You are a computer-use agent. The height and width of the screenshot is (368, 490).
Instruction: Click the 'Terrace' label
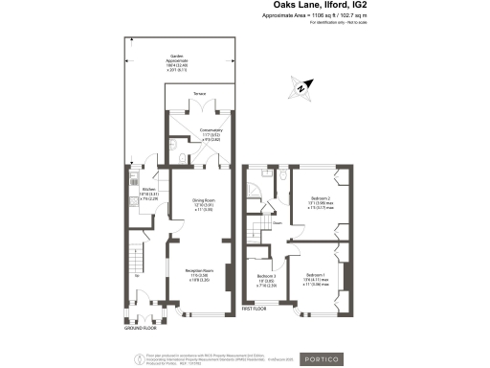[199, 93]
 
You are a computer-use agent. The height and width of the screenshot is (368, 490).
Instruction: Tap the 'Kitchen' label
[148, 190]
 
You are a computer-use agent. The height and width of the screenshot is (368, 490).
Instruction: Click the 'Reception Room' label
[198, 272]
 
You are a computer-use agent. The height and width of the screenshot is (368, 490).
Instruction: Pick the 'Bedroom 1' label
[318, 276]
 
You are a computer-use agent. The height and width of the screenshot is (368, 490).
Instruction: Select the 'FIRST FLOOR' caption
[253, 310]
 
